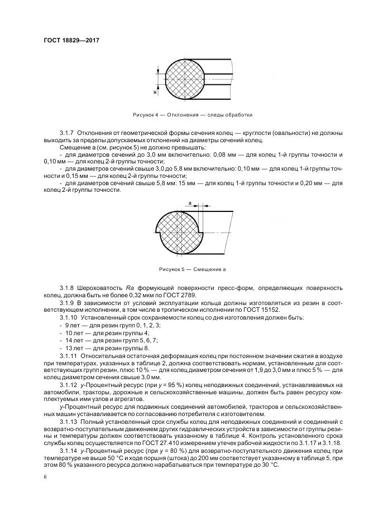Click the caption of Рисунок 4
click(192, 115)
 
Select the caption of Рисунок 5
click(191, 269)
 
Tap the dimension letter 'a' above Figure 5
click(190, 204)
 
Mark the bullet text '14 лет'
click(74, 339)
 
